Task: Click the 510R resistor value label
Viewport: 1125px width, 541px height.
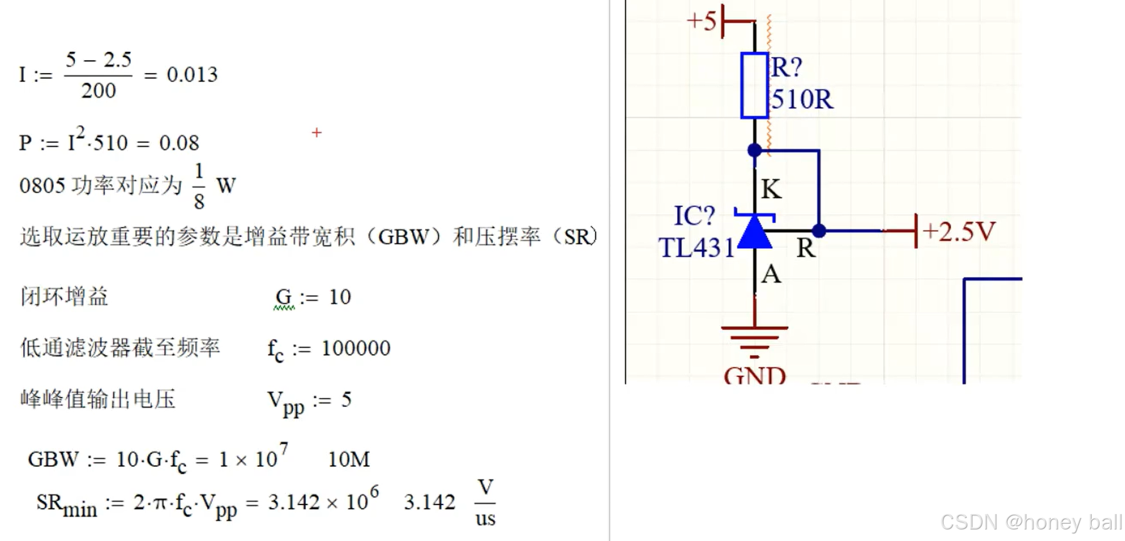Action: click(802, 99)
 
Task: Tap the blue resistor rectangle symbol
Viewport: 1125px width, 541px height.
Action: click(754, 86)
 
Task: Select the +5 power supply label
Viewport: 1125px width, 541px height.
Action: click(701, 21)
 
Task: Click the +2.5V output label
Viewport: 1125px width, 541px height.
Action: click(958, 231)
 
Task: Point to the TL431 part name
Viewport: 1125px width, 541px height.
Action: click(697, 248)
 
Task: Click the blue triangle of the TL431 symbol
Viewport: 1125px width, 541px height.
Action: click(754, 233)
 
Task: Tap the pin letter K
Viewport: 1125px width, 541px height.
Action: click(771, 189)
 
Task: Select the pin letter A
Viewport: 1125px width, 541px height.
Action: click(771, 274)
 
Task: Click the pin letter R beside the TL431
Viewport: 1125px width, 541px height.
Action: click(806, 248)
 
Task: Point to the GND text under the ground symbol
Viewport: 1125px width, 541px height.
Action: click(754, 375)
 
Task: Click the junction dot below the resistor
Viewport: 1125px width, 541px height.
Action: click(754, 150)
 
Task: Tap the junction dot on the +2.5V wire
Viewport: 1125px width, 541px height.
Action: click(819, 231)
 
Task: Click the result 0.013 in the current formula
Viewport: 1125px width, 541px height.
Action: click(192, 75)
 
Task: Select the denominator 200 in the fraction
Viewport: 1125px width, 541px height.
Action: click(98, 91)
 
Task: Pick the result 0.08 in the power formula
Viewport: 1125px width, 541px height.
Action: click(179, 143)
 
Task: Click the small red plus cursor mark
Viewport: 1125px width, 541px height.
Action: click(317, 133)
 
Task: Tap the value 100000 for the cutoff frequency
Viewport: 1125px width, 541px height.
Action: click(356, 348)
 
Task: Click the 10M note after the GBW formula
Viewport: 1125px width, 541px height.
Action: click(349, 460)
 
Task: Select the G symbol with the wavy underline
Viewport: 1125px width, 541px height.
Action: click(283, 297)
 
